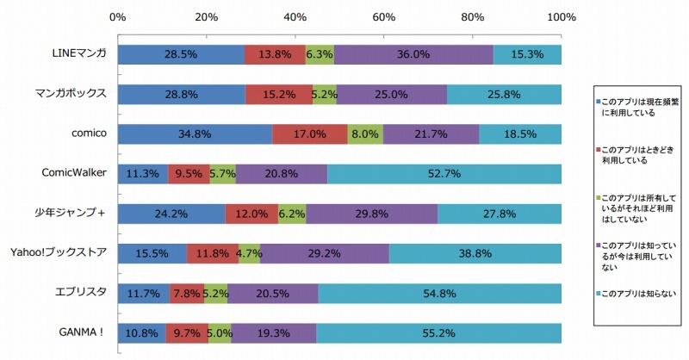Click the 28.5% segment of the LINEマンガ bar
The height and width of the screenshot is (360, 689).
[x=181, y=54]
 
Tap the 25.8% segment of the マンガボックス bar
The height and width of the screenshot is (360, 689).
[x=504, y=94]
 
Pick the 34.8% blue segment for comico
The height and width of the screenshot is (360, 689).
[x=195, y=134]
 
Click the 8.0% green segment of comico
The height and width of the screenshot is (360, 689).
[x=365, y=134]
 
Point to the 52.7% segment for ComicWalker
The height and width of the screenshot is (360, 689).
[x=444, y=174]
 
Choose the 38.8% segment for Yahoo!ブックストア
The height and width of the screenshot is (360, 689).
[x=475, y=253]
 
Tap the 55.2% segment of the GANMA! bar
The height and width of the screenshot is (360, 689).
[x=439, y=332]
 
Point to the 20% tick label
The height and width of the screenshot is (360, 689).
[x=207, y=16]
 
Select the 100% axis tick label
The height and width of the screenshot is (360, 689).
[x=560, y=16]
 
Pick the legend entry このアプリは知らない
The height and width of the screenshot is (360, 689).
[x=636, y=294]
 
